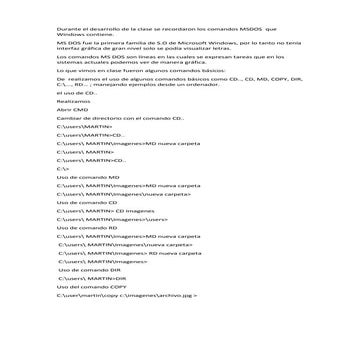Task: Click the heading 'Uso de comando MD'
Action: (90, 207)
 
